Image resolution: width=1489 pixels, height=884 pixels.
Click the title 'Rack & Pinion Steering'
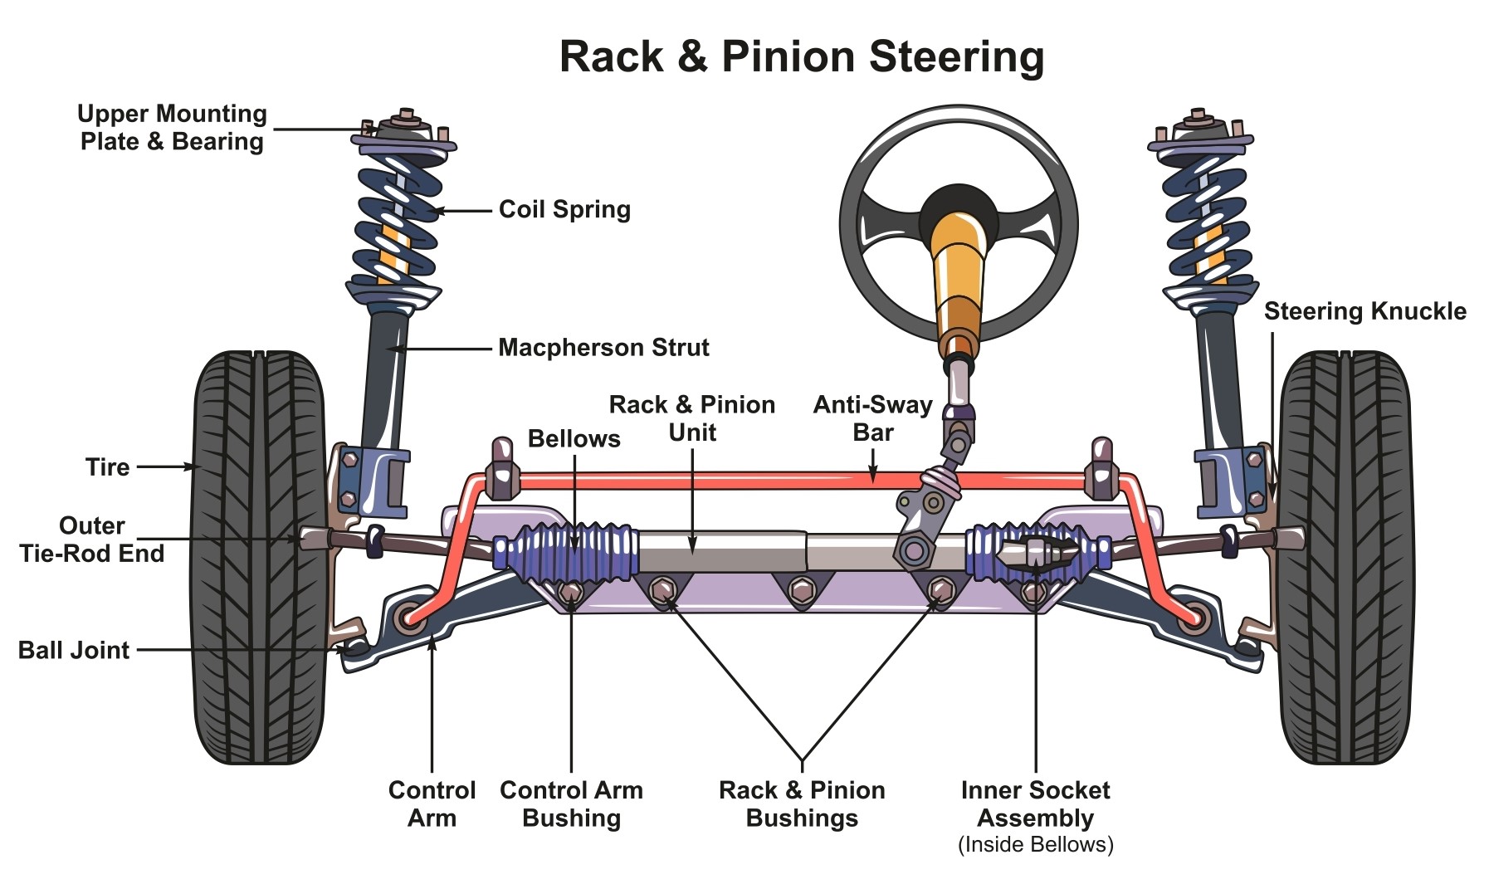801,56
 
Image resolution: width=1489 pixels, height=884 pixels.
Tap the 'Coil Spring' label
564,209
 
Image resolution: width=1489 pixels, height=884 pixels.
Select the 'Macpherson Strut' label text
603,347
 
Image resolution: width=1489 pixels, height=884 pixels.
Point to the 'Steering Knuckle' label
1365,311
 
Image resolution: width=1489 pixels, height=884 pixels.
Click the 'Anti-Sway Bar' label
872,418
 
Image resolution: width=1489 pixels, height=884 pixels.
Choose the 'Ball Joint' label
74,650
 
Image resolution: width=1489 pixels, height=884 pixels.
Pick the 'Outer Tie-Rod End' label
91,540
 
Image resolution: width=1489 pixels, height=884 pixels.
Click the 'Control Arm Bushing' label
571,803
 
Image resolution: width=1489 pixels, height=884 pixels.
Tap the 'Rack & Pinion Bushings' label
802,803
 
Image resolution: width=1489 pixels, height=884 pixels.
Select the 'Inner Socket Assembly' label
1035,803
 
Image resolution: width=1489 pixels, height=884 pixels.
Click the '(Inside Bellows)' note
1035,845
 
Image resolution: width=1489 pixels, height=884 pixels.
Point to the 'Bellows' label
574,438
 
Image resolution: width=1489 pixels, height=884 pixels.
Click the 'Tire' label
107,466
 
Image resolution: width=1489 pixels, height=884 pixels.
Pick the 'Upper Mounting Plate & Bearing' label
172,127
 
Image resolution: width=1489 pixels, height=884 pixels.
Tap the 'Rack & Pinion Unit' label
692,418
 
